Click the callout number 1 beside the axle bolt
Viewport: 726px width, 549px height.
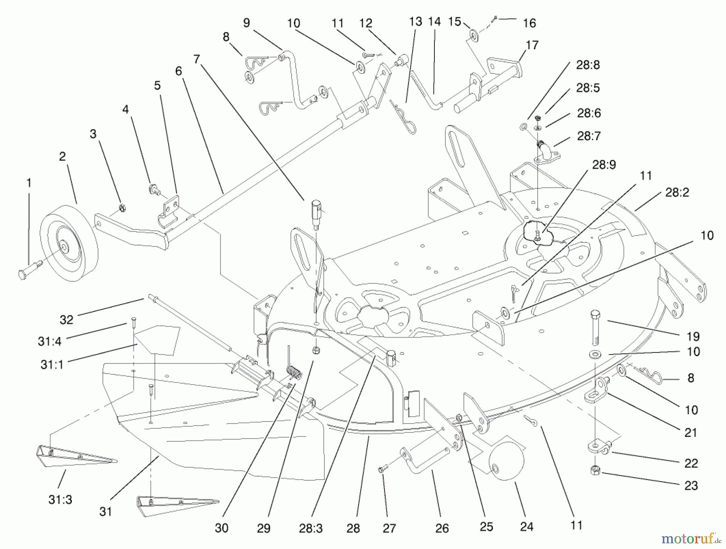click(29, 183)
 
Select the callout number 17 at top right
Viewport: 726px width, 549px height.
click(532, 45)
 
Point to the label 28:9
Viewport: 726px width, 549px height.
click(604, 165)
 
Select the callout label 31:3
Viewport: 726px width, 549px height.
click(60, 500)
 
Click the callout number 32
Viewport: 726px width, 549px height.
click(66, 320)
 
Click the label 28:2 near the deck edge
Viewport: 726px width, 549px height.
click(677, 192)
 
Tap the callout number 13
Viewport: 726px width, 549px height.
click(415, 21)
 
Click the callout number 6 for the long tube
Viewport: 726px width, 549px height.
click(179, 71)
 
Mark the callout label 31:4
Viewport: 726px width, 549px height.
click(49, 341)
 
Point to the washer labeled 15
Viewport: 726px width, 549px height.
click(474, 37)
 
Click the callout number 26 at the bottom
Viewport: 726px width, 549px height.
click(442, 528)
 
